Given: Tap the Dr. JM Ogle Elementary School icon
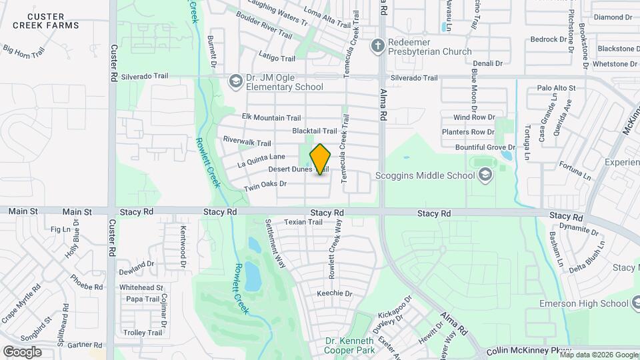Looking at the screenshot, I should tap(235, 81).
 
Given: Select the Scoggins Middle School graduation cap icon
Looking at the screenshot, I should tap(485, 175).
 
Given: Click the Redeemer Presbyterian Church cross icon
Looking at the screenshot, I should tap(378, 46).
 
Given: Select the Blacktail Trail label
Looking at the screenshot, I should tap(315, 131).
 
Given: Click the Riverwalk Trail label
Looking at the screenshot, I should tap(247, 142).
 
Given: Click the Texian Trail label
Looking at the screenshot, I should tap(303, 222).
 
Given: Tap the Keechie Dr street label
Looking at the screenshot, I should tap(334, 293).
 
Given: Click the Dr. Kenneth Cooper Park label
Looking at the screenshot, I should tap(350, 345).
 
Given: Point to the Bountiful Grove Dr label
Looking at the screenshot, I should tap(485, 147).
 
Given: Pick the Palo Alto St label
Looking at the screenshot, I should tap(556, 88).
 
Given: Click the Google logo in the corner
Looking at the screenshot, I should tap(22, 351).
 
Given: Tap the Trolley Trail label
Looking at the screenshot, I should tap(142, 333).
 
